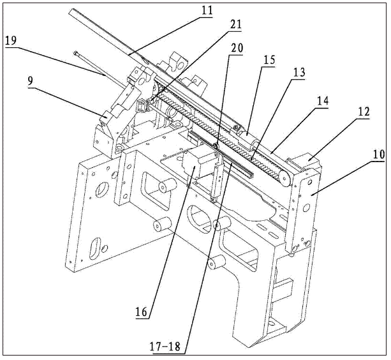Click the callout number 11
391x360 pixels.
click(x=206, y=11)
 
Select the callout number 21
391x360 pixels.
click(x=235, y=25)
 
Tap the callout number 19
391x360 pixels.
click(x=11, y=41)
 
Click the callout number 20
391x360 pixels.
click(x=237, y=48)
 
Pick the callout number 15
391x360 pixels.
click(x=269, y=60)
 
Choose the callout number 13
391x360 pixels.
click(x=298, y=73)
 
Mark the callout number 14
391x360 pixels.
click(x=322, y=101)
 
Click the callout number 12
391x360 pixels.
click(x=363, y=112)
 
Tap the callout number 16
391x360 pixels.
click(x=142, y=311)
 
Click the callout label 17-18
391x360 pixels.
click(x=165, y=347)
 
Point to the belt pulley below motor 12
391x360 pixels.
click(x=284, y=178)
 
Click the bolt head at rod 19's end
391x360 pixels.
click(x=76, y=53)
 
